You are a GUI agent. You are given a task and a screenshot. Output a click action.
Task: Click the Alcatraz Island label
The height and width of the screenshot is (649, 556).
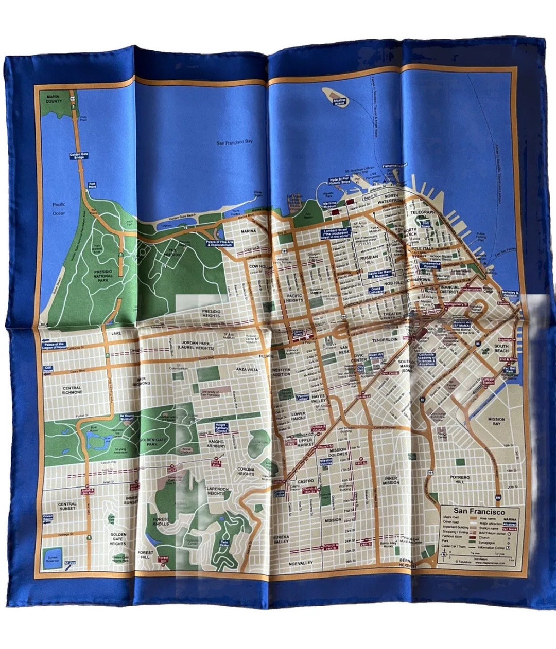coord(338,101)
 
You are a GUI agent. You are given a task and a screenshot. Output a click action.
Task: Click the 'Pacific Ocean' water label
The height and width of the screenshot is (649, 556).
coord(60,208)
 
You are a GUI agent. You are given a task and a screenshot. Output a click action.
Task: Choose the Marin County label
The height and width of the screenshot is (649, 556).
coord(54,98)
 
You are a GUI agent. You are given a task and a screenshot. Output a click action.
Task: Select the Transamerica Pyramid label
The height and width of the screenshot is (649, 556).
coord(430,265)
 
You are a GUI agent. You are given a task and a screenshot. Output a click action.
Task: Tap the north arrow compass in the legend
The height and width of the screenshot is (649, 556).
coord(443,556)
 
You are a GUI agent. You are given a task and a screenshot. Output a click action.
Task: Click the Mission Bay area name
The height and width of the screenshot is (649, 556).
coord(497,422)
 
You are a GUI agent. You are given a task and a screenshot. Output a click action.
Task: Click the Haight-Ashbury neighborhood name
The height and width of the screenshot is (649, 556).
coord(217,444)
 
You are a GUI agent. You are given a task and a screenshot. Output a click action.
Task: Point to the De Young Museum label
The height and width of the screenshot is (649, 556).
coord(127,418)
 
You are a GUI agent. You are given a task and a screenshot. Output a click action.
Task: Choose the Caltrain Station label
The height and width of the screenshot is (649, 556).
coord(488,381)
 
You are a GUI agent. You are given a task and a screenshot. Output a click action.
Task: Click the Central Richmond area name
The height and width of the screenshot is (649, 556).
coord(72,390)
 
